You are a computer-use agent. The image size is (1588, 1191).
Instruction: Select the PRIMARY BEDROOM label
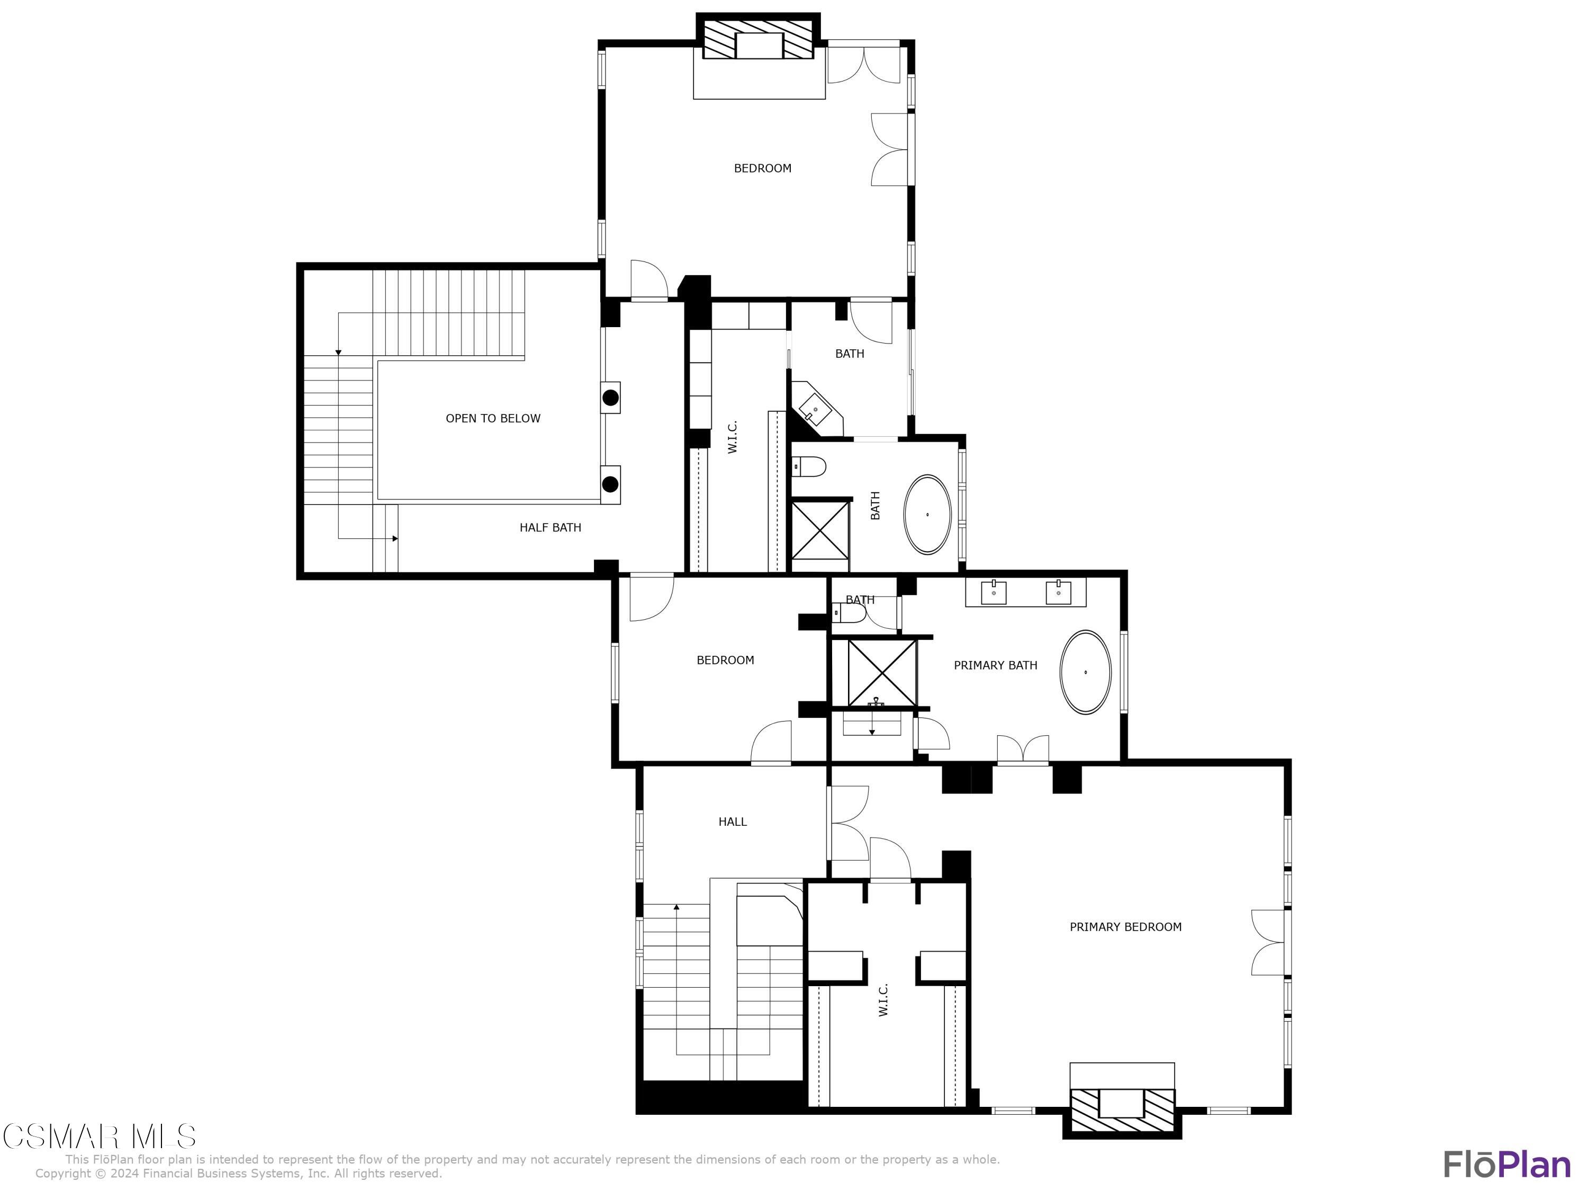tap(1125, 927)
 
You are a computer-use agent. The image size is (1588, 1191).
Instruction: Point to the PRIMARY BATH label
tap(995, 665)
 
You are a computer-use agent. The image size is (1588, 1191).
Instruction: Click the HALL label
tap(732, 822)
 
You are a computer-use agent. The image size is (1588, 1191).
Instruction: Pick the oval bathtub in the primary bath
tap(1086, 672)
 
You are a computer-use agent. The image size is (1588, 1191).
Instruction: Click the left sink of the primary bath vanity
tap(994, 593)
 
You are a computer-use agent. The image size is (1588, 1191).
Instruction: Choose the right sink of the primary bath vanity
tap(1058, 593)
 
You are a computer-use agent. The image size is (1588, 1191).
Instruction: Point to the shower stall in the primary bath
tap(881, 673)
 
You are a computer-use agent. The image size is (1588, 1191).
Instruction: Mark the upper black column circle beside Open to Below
tap(610, 398)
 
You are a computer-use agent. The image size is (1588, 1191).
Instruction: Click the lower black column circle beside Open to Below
tap(610, 484)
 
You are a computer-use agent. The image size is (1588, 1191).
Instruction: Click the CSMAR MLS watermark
tap(99, 1137)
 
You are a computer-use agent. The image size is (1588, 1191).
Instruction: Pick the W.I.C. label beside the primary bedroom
tap(883, 999)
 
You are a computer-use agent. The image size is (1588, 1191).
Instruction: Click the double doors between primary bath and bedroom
tap(1022, 750)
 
